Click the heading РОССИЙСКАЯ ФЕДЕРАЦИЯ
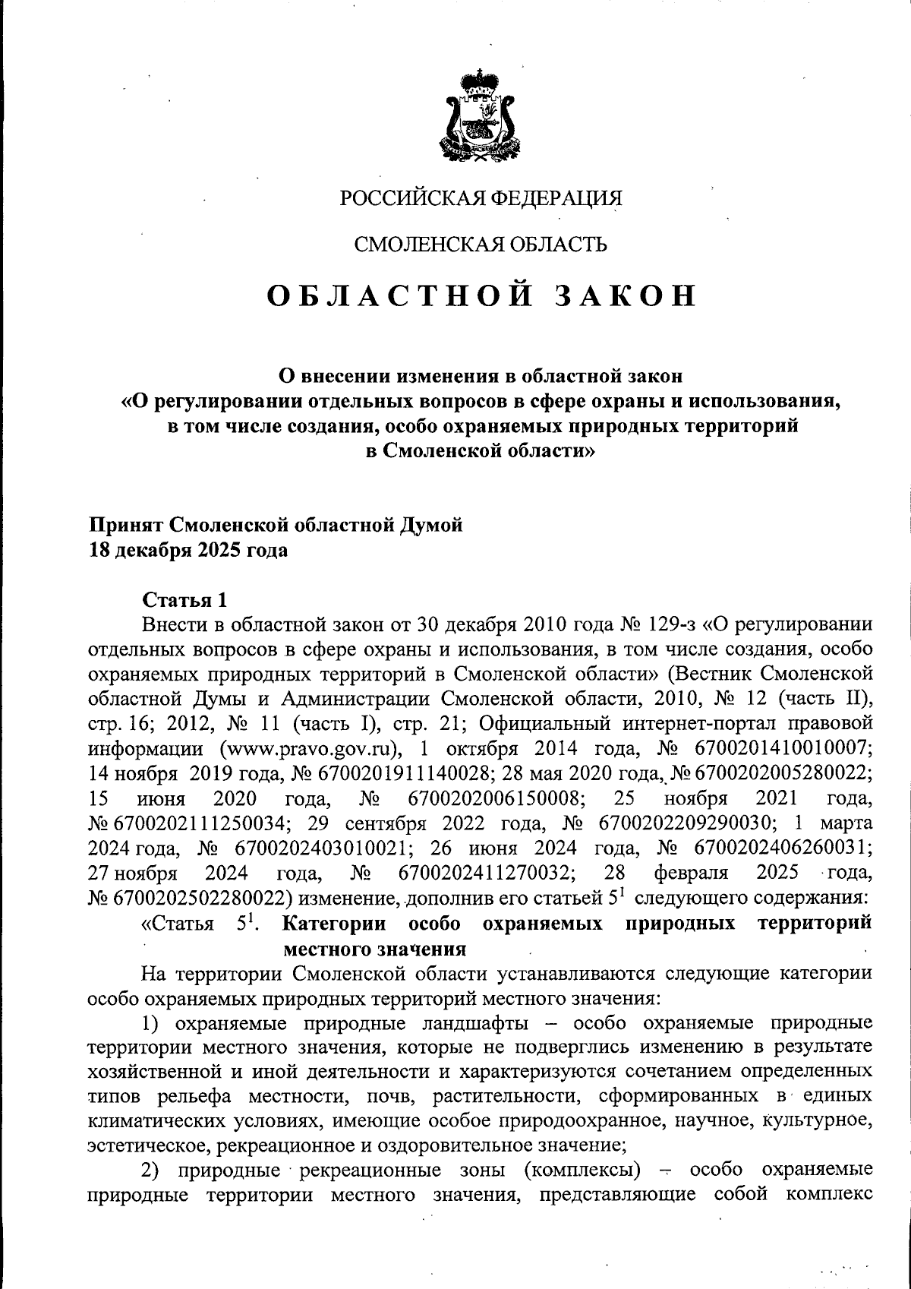[480, 198]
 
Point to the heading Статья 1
[184, 600]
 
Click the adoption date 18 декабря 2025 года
[189, 550]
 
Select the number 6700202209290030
[686, 823]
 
